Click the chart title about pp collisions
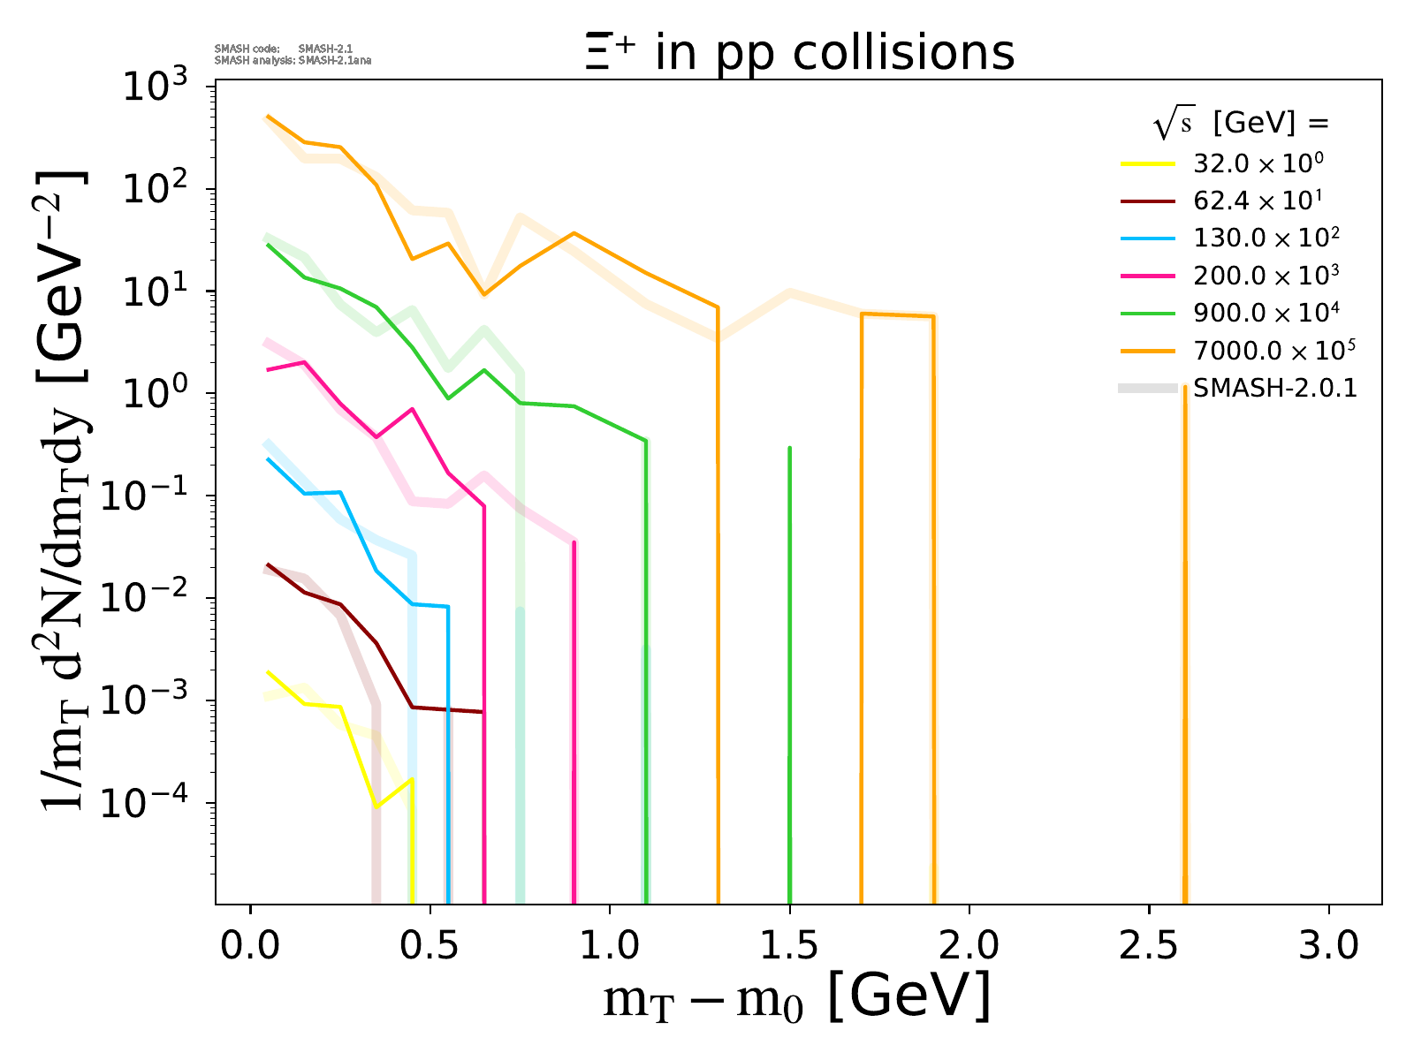point(799,53)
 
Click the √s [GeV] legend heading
point(1241,125)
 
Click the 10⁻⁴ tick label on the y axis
point(150,803)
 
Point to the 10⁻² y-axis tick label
point(150,599)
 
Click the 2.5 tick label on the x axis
point(1149,946)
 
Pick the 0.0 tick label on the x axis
point(251,946)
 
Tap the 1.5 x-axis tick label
point(789,946)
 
